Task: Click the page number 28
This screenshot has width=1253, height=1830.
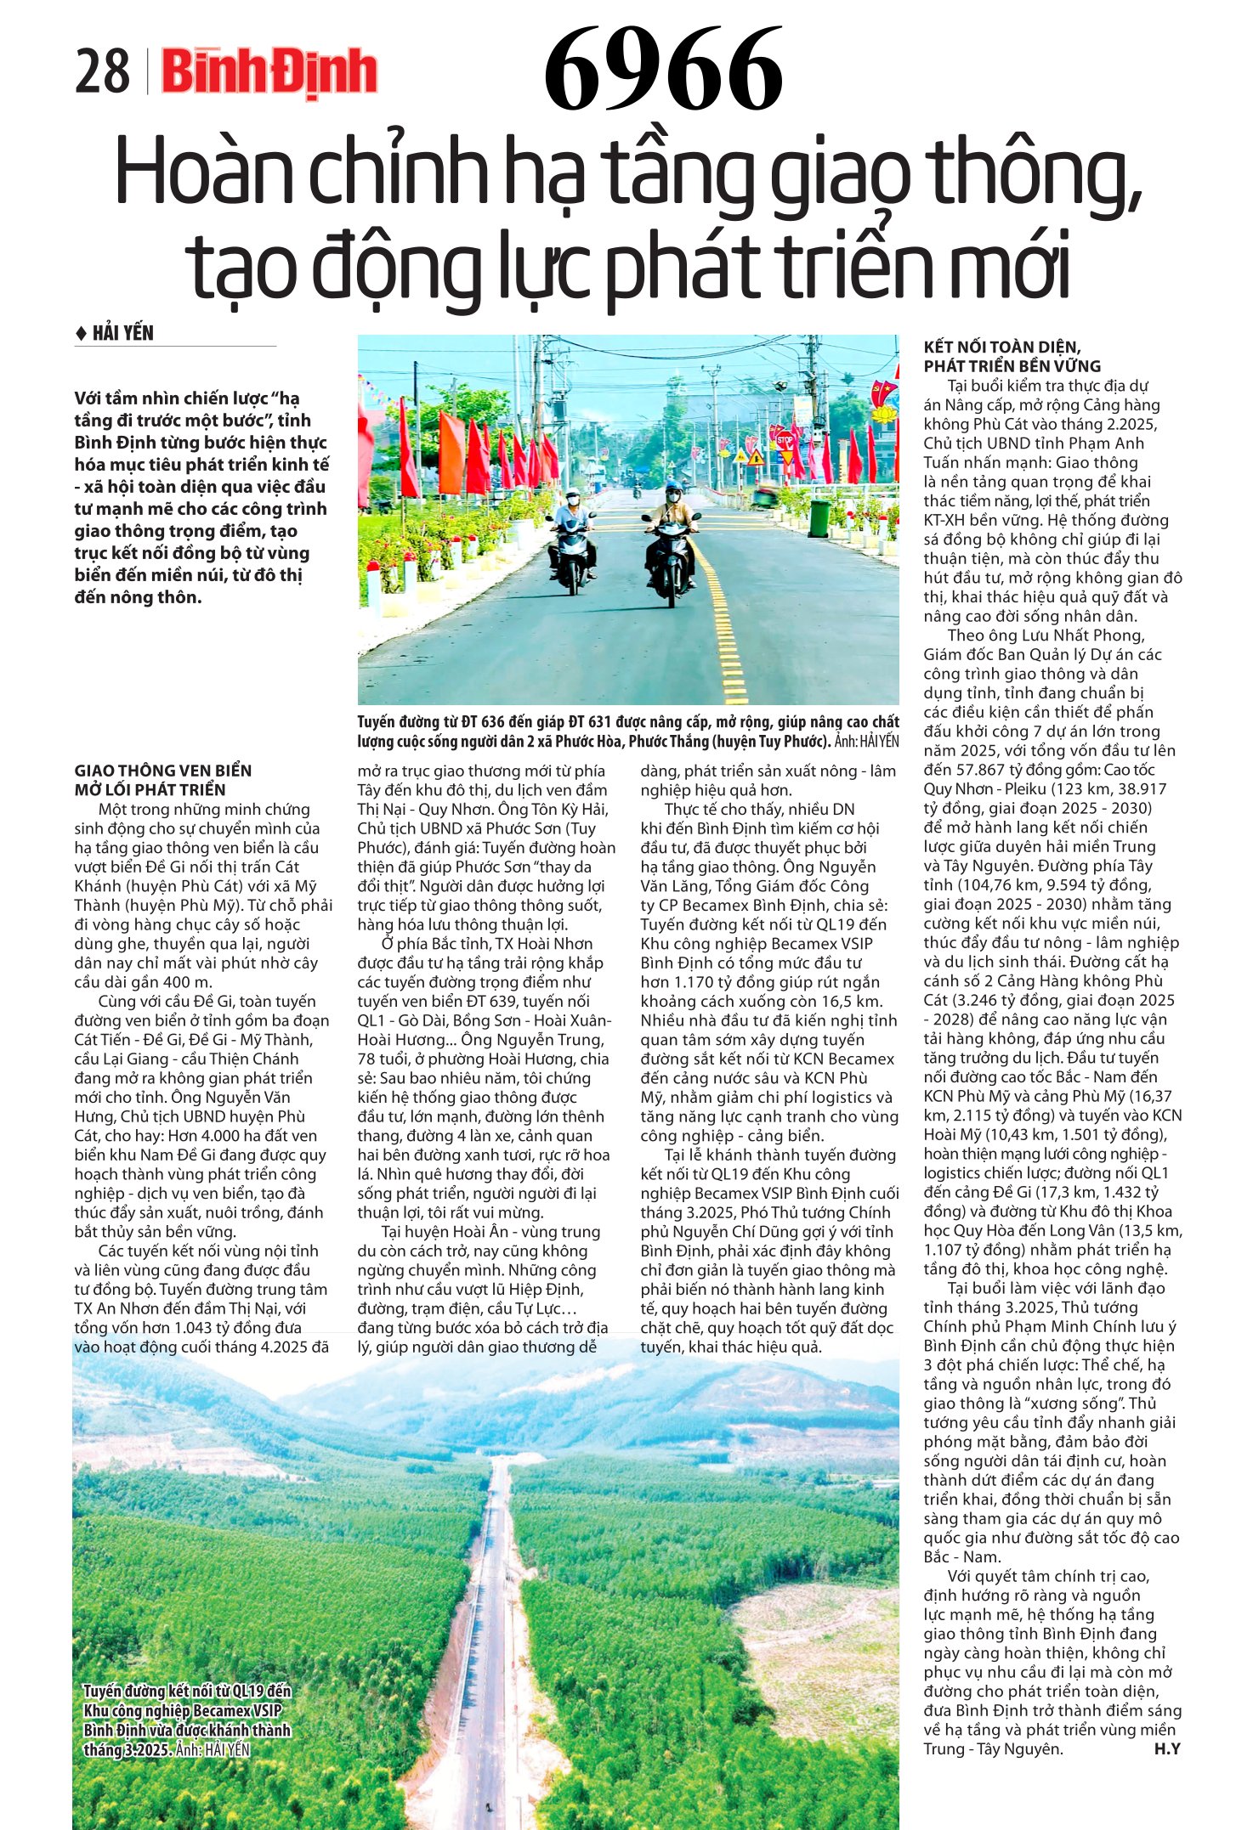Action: point(102,71)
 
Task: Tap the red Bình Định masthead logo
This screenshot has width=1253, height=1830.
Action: point(269,71)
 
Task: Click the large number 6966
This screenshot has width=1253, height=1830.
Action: point(663,70)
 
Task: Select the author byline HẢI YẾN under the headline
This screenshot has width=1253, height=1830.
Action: point(122,333)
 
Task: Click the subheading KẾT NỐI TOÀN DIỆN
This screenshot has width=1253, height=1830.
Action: point(1001,347)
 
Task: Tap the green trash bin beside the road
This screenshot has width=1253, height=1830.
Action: point(819,517)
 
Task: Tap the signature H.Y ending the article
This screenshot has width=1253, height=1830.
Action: point(1167,1748)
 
